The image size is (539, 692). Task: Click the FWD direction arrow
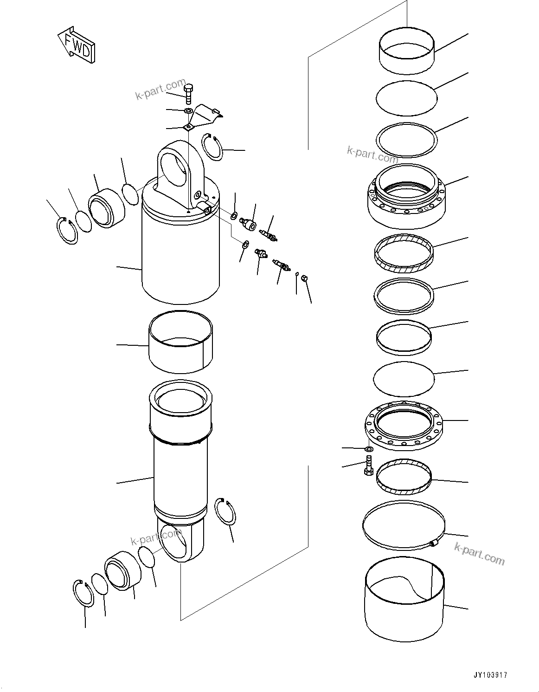[x=77, y=45]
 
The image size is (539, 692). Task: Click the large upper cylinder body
[x=180, y=260]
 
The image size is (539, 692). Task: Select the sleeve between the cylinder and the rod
[x=180, y=341]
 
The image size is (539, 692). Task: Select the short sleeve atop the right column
[x=407, y=53]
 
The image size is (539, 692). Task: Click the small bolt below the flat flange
[x=369, y=465]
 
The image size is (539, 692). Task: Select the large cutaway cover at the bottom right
[x=404, y=603]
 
